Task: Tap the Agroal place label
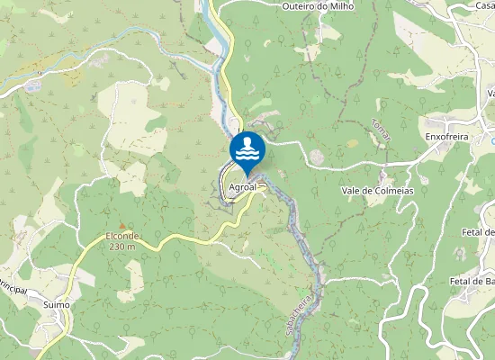pos(244,187)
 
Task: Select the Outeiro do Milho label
pos(318,6)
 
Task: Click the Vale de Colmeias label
pos(376,191)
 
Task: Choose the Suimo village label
pos(56,305)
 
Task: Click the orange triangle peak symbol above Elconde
pos(121,225)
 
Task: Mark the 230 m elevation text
pos(121,246)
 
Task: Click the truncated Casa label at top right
pos(484,5)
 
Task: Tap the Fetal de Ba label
pos(472,281)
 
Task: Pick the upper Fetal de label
pos(477,232)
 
